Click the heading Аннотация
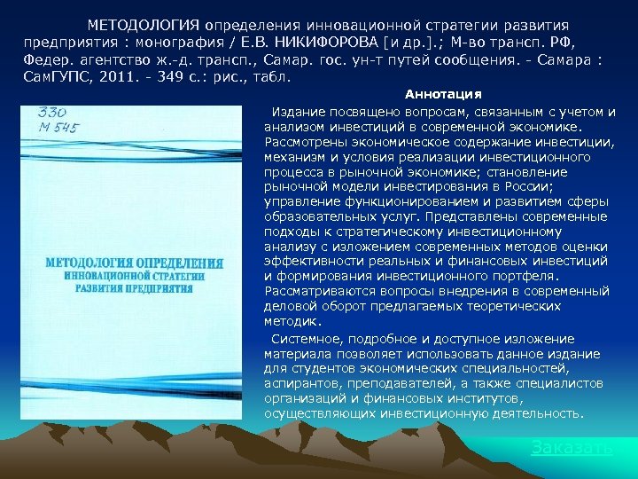pos(443,94)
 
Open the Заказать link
pos(572,448)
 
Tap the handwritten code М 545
pos(58,129)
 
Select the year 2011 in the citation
pos(99,76)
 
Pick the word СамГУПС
pos(48,76)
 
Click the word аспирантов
pos(301,383)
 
